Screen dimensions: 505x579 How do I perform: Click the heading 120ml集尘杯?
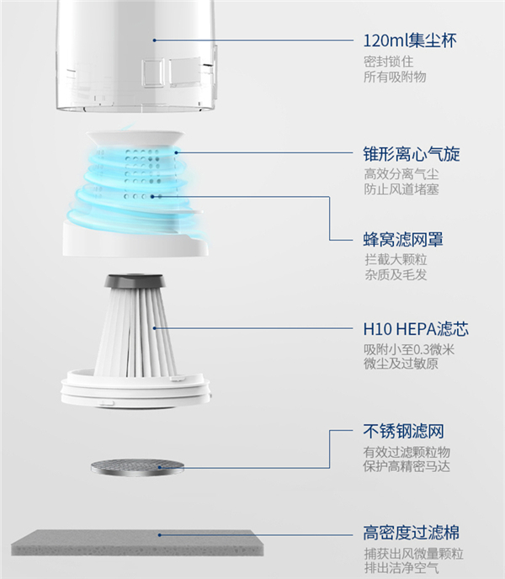coord(410,40)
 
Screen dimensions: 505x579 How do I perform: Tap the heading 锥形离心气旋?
coord(412,154)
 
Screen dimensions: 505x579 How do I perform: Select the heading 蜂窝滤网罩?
coord(403,239)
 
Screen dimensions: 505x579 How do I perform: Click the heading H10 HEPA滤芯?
coord(416,329)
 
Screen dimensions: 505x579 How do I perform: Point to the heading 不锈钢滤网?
coord(403,431)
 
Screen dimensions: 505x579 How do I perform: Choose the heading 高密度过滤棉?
coord(412,533)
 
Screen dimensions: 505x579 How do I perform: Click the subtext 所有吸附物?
coord(395,77)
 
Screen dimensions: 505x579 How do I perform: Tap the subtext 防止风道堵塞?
coord(401,189)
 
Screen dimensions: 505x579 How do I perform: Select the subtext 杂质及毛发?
coord(396,274)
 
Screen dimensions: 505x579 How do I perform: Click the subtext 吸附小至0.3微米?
coord(409,349)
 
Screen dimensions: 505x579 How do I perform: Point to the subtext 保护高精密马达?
coord(407,466)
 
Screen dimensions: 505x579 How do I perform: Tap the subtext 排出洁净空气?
coord(401,567)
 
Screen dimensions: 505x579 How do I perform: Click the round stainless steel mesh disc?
coord(137,467)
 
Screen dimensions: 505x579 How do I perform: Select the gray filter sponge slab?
coord(137,543)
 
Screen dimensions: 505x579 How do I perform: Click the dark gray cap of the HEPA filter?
coord(134,281)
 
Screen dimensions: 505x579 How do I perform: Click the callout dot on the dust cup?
coord(154,40)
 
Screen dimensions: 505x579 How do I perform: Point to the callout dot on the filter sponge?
coord(160,534)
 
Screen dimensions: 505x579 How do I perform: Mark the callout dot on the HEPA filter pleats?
coord(154,328)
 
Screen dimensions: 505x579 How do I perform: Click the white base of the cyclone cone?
coord(136,239)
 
